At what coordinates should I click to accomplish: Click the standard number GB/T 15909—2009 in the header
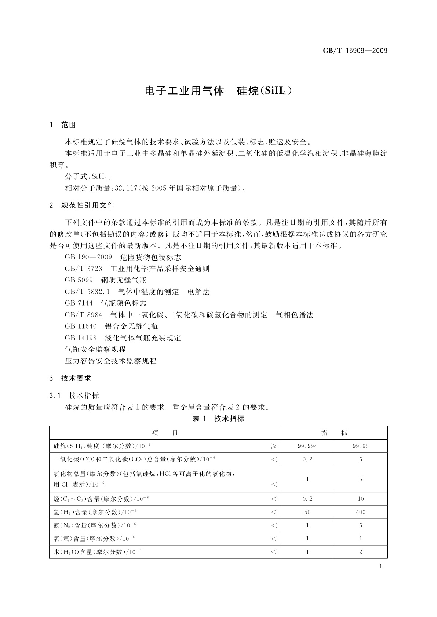[355, 51]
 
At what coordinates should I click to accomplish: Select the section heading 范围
[69, 125]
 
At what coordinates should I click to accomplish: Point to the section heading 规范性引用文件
[88, 206]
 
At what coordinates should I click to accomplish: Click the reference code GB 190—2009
[88, 257]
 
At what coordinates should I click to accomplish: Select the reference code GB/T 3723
[83, 269]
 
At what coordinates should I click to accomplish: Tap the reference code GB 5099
[79, 280]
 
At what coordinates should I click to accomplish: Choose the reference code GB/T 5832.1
[87, 292]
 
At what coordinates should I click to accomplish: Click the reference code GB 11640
[81, 326]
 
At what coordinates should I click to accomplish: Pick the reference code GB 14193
[81, 338]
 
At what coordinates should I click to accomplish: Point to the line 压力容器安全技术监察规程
[111, 361]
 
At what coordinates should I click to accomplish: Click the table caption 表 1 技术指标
[218, 418]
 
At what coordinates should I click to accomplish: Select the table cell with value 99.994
[307, 446]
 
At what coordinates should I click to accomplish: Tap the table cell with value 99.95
[361, 446]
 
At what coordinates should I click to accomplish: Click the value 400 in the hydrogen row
[361, 512]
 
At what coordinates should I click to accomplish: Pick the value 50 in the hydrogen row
[307, 512]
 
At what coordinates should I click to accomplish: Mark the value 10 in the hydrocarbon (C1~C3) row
[361, 499]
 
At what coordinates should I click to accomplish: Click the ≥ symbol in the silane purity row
[274, 446]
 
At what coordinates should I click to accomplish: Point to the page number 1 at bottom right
[380, 566]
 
